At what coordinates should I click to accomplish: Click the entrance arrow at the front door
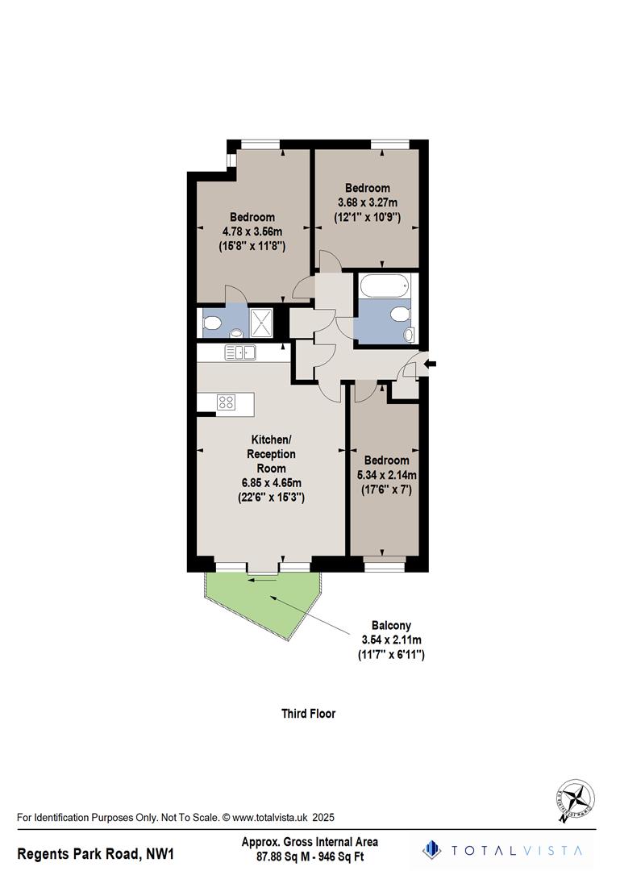tap(430, 365)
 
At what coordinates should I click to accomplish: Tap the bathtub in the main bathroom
tap(385, 285)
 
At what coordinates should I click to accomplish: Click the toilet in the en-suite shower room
tap(212, 323)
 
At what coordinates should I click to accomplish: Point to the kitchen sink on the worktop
tap(239, 352)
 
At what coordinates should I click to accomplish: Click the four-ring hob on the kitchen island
tap(227, 402)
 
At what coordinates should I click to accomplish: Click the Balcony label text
tap(391, 625)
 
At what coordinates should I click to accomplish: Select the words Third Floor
tap(308, 713)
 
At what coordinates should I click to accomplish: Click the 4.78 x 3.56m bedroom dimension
tap(252, 231)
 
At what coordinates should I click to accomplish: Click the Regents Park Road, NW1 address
tap(96, 852)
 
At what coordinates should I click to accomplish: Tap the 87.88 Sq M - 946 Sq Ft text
tap(310, 857)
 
